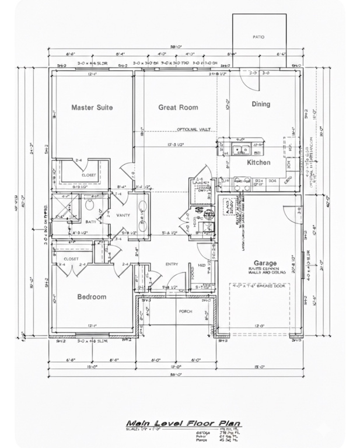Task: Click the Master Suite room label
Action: [x=92, y=107]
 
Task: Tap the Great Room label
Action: [x=178, y=107]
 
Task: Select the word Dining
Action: [x=261, y=104]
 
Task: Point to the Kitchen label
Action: [x=258, y=163]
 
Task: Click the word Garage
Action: [x=265, y=263]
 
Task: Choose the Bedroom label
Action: [x=92, y=297]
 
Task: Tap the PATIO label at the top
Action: [x=258, y=37]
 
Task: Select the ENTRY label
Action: [x=172, y=264]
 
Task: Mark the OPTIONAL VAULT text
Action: [x=194, y=129]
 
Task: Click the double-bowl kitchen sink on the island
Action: [x=240, y=150]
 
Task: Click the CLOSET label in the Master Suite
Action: [x=89, y=174]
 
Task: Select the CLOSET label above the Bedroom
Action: [x=71, y=258]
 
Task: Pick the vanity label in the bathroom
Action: [x=123, y=215]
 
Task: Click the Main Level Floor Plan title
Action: [x=184, y=423]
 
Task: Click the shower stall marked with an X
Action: [x=62, y=208]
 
